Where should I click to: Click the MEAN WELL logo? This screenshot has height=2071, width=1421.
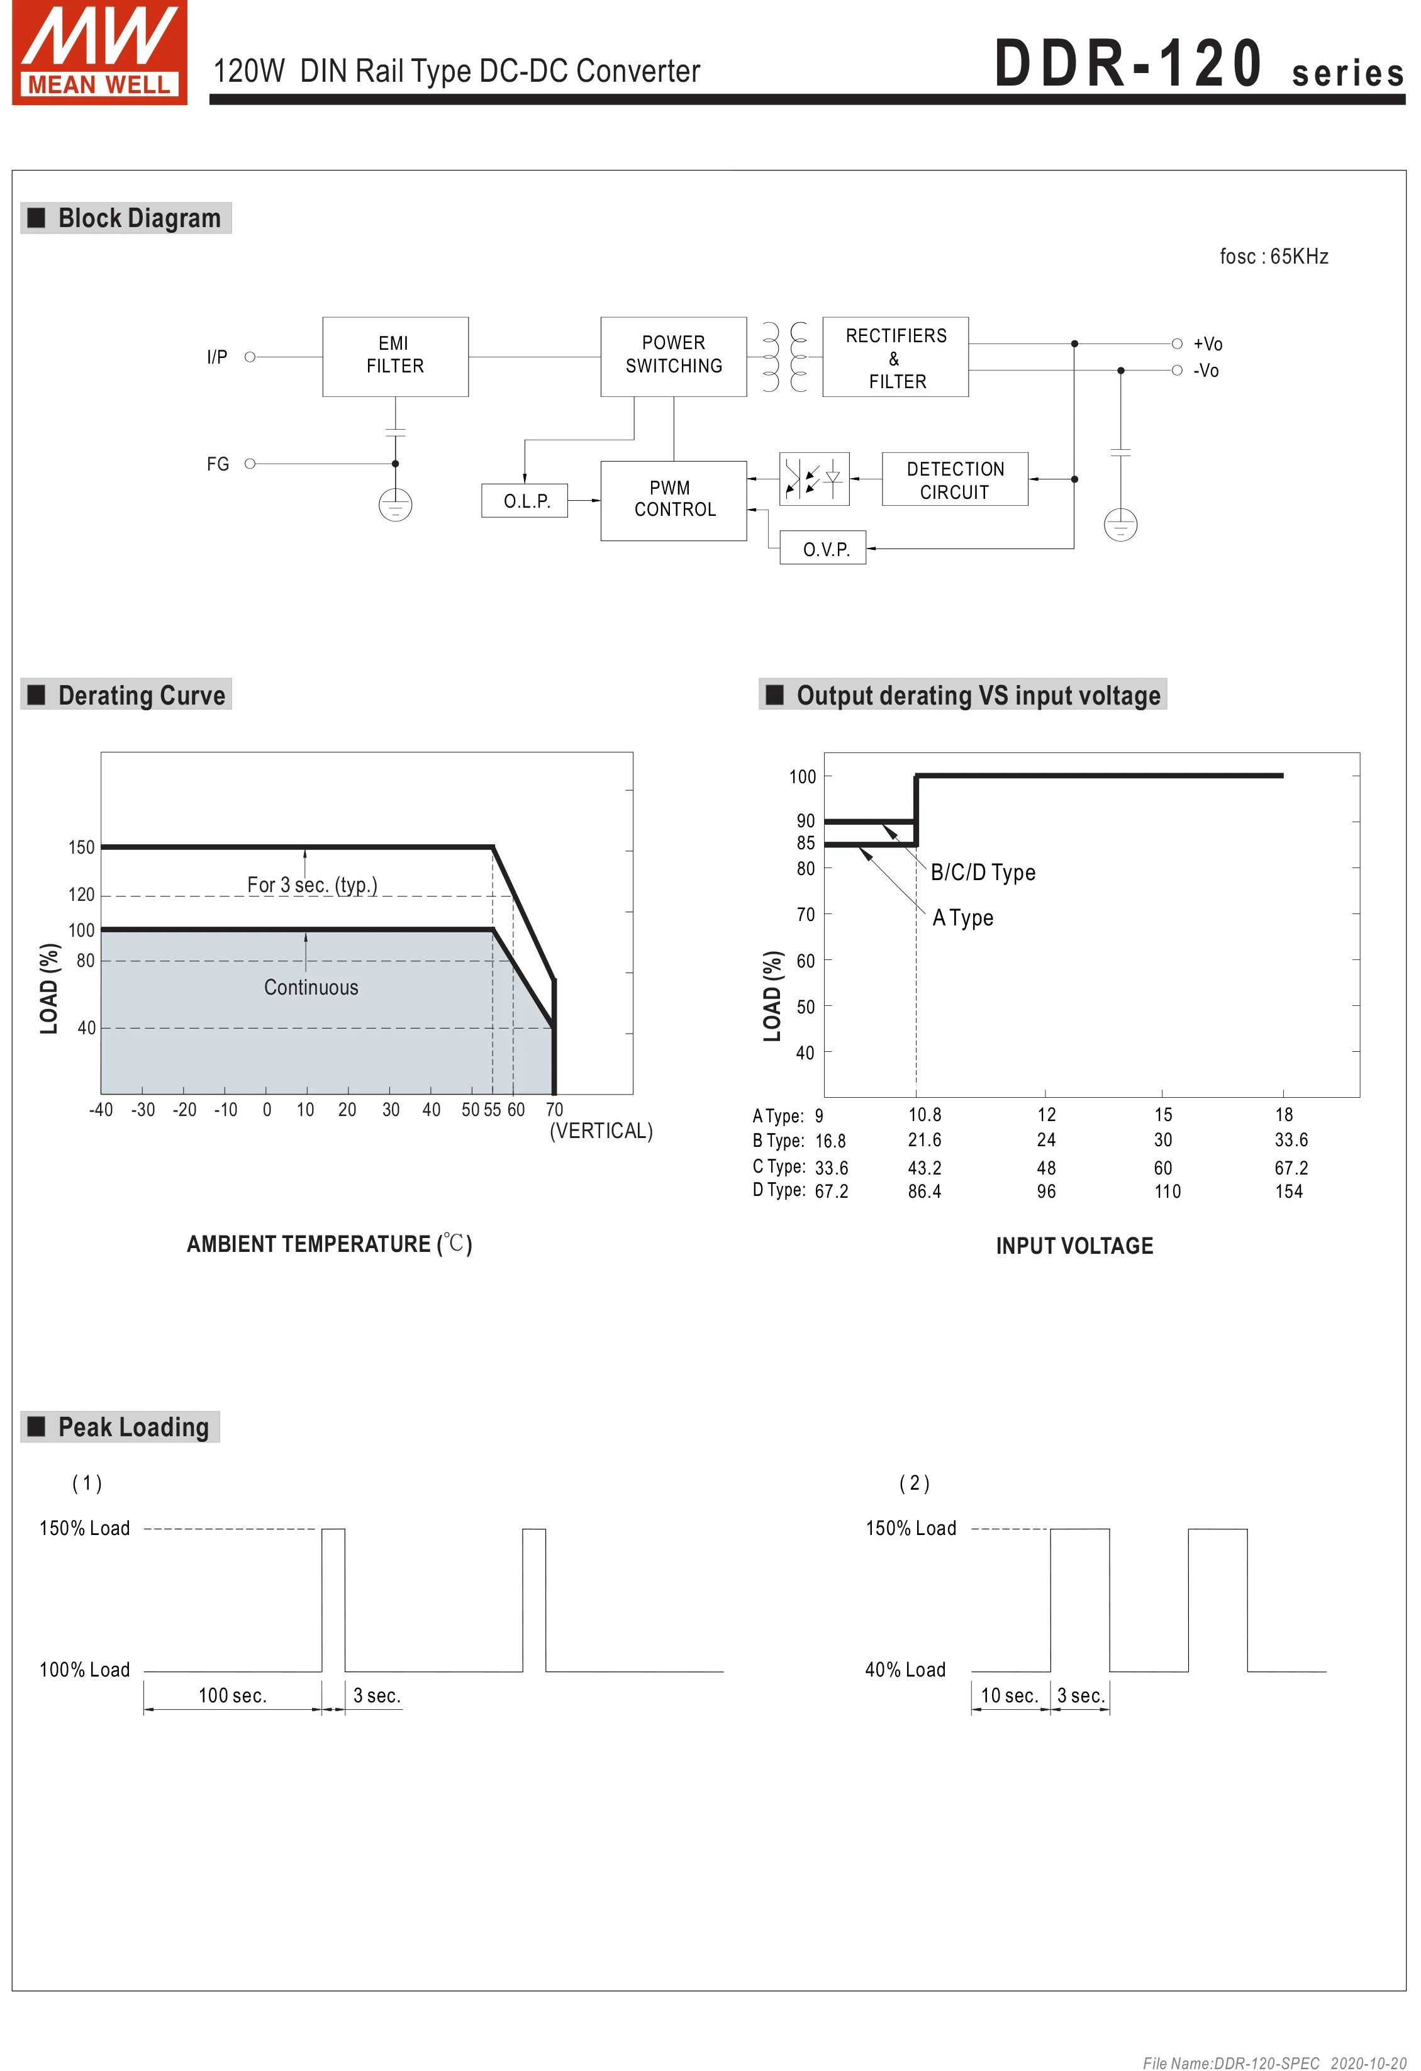click(x=99, y=53)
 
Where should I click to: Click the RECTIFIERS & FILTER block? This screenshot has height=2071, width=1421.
click(x=894, y=357)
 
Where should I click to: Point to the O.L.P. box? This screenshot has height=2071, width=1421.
click(x=525, y=501)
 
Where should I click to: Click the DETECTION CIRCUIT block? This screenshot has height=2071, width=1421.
click(x=954, y=479)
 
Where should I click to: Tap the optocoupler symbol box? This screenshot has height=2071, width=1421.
click(x=813, y=479)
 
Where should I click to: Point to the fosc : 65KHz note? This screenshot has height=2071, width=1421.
click(x=1273, y=257)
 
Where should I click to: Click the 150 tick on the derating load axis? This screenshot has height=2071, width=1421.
click(x=81, y=847)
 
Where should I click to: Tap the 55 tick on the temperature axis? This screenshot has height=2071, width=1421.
click(x=493, y=1110)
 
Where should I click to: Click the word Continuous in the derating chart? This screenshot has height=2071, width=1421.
click(x=311, y=988)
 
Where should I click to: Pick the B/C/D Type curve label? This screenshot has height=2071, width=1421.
click(x=983, y=873)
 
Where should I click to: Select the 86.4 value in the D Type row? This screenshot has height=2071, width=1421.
click(x=924, y=1192)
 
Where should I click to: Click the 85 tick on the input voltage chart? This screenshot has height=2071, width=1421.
click(x=805, y=843)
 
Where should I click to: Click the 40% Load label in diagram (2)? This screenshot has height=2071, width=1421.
click(x=905, y=1669)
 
